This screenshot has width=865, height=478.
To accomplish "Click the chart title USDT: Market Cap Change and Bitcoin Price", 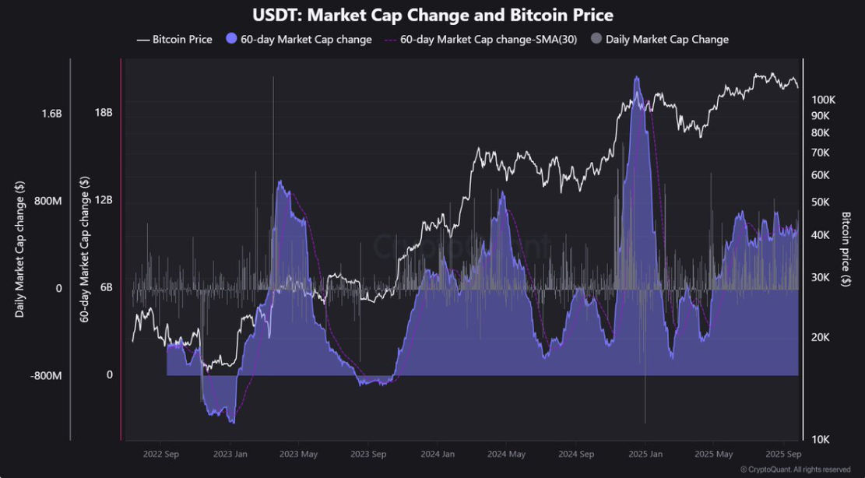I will tap(432, 15).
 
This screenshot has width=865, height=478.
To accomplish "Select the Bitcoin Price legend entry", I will tap(174, 39).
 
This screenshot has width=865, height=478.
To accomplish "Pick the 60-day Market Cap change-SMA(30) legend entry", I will tap(481, 39).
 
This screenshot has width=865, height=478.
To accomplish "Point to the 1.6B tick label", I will tap(51, 114).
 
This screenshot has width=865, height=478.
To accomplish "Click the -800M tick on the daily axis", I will tap(47, 376).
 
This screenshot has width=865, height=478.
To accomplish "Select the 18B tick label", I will tap(104, 112).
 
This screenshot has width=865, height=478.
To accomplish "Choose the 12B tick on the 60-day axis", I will tap(104, 200).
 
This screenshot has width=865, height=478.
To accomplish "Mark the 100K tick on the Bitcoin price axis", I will tap(823, 100).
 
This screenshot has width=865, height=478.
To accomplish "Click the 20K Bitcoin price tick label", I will tap(821, 338).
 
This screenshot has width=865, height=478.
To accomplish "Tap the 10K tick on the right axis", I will tap(821, 440).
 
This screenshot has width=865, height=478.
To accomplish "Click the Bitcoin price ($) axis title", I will tap(846, 249).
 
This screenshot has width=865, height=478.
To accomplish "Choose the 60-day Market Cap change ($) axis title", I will tap(83, 249).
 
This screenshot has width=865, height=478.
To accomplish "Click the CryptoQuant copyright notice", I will tap(795, 469).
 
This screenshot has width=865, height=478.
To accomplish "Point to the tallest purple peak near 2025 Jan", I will tap(637, 78).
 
